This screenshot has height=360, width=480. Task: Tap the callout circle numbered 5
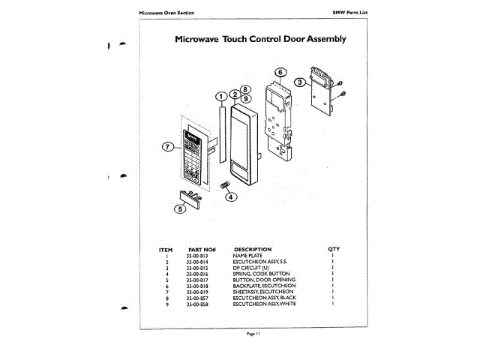[x=179, y=209]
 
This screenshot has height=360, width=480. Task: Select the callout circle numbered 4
[x=231, y=197]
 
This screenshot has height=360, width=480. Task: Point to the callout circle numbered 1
[x=220, y=96]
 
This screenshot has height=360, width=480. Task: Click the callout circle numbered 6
[x=278, y=73]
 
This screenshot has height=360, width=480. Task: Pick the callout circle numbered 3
[x=298, y=82]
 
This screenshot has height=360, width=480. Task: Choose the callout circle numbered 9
[x=246, y=99]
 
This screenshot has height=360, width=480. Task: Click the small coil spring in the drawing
[x=223, y=185]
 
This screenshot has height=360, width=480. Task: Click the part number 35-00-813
[x=196, y=256]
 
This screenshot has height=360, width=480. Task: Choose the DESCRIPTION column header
[x=253, y=249]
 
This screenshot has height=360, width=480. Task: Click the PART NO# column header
[x=202, y=249]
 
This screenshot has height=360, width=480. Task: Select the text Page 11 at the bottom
[x=253, y=333]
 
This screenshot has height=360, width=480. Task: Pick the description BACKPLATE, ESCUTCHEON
[x=265, y=286]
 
